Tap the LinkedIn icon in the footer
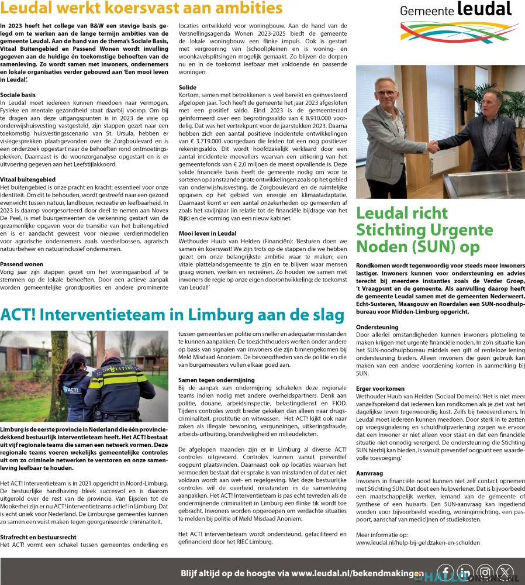tap(465, 573)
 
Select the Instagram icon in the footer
tap(485, 573)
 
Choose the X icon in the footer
tap(505, 573)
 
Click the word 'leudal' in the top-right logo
tap(484, 9)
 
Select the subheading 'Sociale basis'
tap(18, 94)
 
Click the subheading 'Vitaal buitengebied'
tap(27, 179)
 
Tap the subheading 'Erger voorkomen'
tap(380, 388)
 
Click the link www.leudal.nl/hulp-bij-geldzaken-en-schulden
tap(417, 542)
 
